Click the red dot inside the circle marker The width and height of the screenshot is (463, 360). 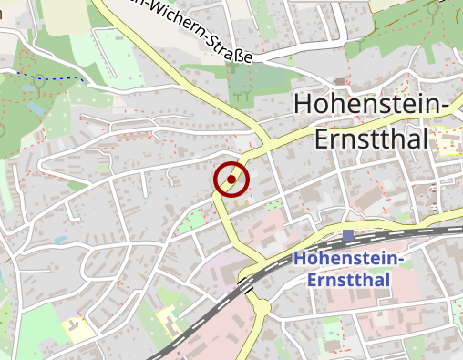click(231, 180)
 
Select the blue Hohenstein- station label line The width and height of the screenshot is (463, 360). click(348, 259)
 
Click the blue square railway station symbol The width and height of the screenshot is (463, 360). click(348, 236)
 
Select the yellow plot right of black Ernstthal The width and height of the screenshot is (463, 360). click(448, 140)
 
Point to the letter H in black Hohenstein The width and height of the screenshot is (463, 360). click(304, 106)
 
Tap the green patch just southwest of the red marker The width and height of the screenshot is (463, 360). click(191, 220)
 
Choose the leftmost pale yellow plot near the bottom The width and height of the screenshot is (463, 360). click(78, 329)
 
